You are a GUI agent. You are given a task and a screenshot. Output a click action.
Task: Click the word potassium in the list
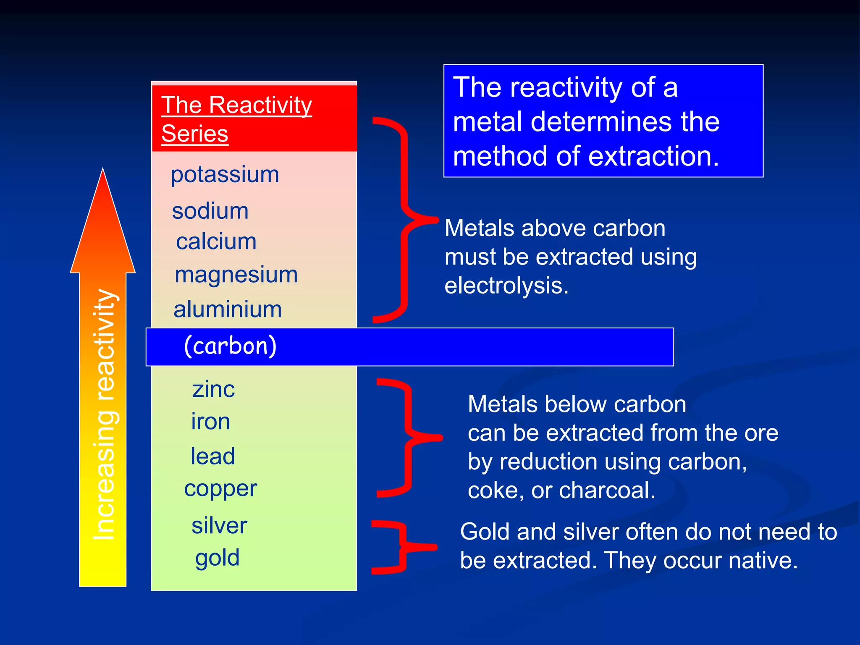[x=225, y=175]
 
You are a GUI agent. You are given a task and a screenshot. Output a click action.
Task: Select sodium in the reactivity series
[x=210, y=211]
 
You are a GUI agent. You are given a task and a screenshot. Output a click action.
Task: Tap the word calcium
[x=216, y=242]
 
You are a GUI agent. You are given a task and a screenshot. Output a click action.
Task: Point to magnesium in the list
[x=236, y=275]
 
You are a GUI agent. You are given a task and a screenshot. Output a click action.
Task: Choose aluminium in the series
[x=227, y=309]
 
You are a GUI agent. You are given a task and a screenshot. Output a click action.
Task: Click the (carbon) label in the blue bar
[x=230, y=346]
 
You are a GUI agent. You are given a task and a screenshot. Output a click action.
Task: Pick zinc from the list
[x=213, y=389]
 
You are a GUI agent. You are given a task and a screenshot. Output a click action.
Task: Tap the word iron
[x=210, y=421]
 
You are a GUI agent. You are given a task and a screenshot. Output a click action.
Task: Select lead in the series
[x=212, y=456]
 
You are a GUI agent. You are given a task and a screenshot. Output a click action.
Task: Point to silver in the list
[x=219, y=525]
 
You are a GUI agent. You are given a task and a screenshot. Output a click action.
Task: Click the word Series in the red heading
[x=194, y=134]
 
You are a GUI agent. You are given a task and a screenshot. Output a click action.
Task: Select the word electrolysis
[x=506, y=286]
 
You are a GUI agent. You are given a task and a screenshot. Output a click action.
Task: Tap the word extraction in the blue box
[x=653, y=156]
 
